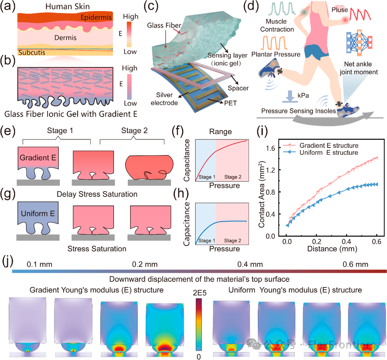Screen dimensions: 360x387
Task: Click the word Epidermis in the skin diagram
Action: tap(96, 17)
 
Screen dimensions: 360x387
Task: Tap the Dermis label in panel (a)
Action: tap(65, 38)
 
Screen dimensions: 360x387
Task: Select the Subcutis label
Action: tap(32, 53)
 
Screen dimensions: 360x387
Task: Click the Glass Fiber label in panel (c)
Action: tap(164, 26)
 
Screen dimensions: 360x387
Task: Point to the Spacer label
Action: tap(238, 88)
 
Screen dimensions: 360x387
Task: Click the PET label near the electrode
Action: tap(230, 103)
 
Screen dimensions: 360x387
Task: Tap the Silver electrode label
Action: tap(164, 99)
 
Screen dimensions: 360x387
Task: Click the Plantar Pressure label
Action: tap(276, 54)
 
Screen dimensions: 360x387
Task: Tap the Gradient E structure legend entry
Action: tap(329, 145)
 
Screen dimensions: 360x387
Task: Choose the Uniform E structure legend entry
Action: tap(329, 153)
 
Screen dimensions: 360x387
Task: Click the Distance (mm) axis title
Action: tap(332, 249)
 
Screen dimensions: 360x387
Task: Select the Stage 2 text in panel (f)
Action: tap(233, 177)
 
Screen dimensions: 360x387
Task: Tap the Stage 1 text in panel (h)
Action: tap(207, 240)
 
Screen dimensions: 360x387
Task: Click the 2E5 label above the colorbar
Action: tap(199, 293)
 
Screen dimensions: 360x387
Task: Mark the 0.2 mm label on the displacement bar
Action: tap(145, 265)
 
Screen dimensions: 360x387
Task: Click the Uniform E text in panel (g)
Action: tap(38, 214)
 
